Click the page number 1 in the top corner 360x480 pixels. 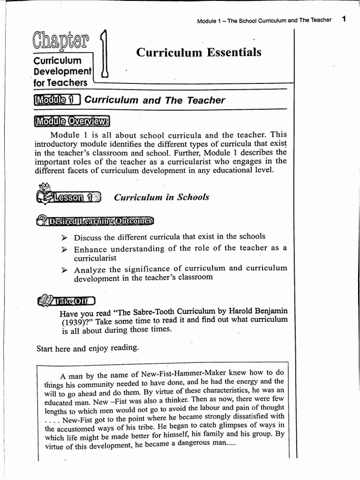pos(344,19)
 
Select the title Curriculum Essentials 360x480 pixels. pos(199,52)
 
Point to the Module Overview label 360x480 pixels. pos(72,121)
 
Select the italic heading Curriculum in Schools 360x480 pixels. pos(162,197)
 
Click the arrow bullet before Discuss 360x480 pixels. pos(65,237)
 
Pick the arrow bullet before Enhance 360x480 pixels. pos(65,249)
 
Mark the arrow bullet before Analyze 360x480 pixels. pos(65,270)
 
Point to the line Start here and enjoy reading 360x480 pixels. pos(88,348)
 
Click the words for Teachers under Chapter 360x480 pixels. pos(60,82)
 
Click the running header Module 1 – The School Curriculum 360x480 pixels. pos(256,20)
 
